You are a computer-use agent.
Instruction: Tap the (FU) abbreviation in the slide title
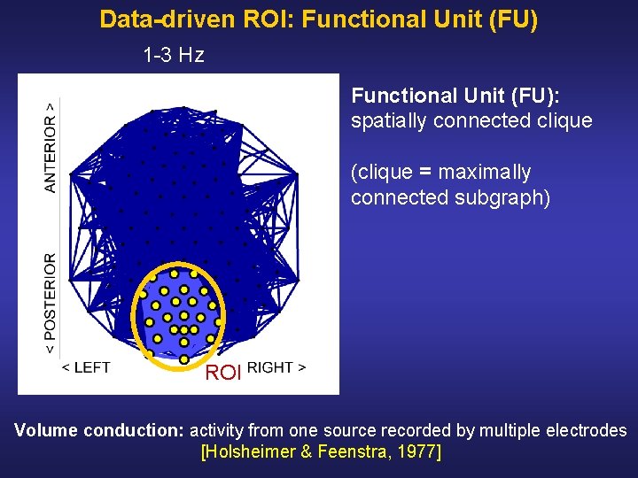(x=511, y=19)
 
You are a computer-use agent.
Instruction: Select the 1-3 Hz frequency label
(x=174, y=56)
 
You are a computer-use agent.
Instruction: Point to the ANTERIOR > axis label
(x=51, y=146)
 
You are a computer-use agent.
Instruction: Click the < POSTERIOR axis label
(x=51, y=304)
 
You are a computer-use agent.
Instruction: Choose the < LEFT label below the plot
(x=86, y=367)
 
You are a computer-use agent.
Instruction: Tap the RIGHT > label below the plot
(x=276, y=367)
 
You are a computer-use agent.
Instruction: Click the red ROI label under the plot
(x=223, y=373)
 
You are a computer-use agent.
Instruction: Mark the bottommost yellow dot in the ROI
(x=183, y=359)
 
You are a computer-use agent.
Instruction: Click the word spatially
(x=388, y=120)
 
